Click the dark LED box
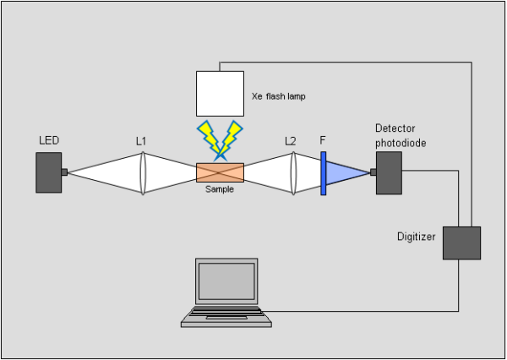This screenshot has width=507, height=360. pyautogui.click(x=49, y=172)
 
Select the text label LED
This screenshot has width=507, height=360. pyautogui.click(x=49, y=139)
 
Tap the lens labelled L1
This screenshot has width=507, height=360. pyautogui.click(x=143, y=173)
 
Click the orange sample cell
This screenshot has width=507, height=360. pyautogui.click(x=220, y=172)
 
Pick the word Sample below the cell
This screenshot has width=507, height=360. pyautogui.click(x=220, y=189)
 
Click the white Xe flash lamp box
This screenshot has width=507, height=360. pyautogui.click(x=220, y=93)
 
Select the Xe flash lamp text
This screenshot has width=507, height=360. pyautogui.click(x=278, y=97)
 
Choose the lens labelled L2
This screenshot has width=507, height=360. pyautogui.click(x=292, y=173)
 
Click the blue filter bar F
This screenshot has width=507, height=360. pyautogui.click(x=323, y=173)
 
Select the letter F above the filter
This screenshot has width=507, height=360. pyautogui.click(x=323, y=140)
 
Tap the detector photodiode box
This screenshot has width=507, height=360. pyautogui.click(x=389, y=172)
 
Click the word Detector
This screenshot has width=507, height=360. pyautogui.click(x=394, y=129)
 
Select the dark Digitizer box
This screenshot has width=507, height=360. pyautogui.click(x=461, y=243)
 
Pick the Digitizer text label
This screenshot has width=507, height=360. pyautogui.click(x=417, y=237)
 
